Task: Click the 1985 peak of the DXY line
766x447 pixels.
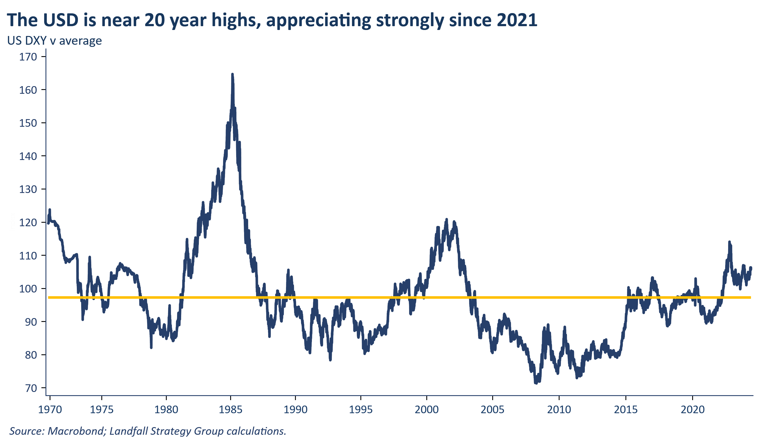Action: [x=232, y=74]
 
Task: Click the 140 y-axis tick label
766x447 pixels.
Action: [x=28, y=156]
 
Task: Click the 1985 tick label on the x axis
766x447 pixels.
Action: [x=230, y=410]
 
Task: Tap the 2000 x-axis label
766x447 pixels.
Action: [x=427, y=410]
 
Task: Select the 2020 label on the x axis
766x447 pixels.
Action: [x=692, y=410]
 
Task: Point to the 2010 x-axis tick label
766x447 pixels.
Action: [x=559, y=410]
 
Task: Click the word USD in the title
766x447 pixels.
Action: [x=61, y=20]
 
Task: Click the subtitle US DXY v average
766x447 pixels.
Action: [x=54, y=41]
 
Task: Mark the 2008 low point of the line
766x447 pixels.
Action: [x=536, y=383]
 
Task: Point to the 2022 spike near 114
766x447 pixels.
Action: [x=729, y=242]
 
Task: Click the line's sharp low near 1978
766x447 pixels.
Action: [x=151, y=347]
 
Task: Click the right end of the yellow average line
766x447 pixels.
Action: [x=750, y=297]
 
